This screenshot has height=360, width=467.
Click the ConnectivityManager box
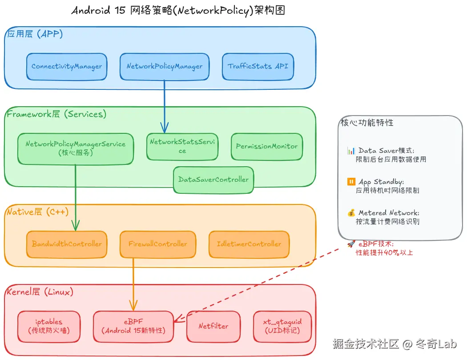coord(67,67)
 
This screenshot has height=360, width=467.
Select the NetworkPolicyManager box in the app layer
coord(165,67)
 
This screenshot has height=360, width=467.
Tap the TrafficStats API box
coord(258,67)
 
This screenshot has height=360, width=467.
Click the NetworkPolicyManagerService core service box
coord(76,148)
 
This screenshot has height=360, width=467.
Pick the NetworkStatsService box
coord(182,146)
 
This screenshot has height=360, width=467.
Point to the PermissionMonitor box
coord(267,146)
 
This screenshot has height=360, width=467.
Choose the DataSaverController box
coord(213,180)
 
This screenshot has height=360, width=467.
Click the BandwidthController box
coord(67,244)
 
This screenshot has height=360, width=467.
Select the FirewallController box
coord(158,244)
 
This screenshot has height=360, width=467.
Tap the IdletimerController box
coord(249,244)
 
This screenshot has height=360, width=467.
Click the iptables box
coord(49,326)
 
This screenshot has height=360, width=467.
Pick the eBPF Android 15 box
coord(133,326)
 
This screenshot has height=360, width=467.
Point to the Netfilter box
coord(213,326)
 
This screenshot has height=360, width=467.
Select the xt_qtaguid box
coord(282,326)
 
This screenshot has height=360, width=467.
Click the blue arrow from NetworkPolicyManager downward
coord(165,107)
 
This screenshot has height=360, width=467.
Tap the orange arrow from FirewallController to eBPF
coord(133,284)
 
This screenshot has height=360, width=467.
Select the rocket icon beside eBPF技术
coord(351,244)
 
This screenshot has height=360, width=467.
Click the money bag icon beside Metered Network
coord(351,213)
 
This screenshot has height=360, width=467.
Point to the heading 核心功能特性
coord(367,123)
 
